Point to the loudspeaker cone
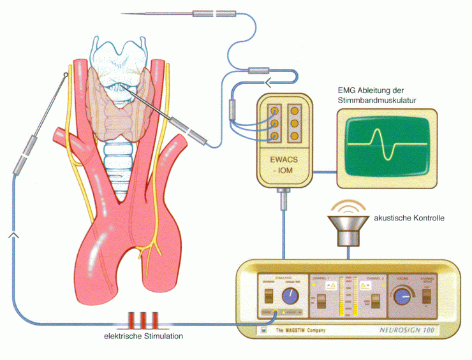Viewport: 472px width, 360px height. coord(348,226)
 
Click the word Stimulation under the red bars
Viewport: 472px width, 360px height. coord(162,336)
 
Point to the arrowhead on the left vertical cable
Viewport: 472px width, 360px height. coord(13,236)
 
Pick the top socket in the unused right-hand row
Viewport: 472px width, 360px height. coord(295,110)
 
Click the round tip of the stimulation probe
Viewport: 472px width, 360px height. coord(66,76)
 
